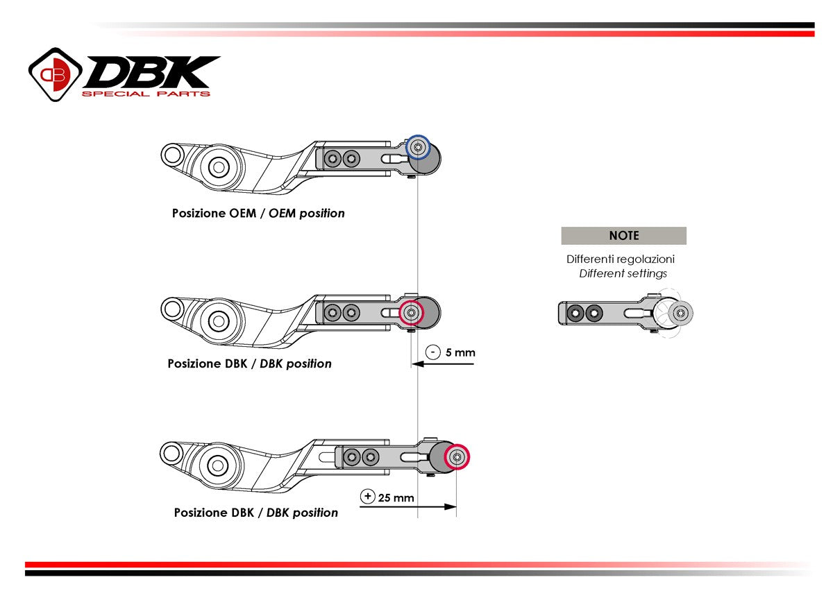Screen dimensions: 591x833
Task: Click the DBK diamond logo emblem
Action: click(55, 74)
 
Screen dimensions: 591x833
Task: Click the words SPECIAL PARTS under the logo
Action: click(146, 94)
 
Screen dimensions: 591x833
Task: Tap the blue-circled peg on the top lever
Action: click(417, 147)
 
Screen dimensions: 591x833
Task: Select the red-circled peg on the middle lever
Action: click(411, 313)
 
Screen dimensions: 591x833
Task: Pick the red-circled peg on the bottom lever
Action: click(457, 457)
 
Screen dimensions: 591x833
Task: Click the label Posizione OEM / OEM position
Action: click(258, 213)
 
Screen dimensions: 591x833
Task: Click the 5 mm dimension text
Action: click(460, 352)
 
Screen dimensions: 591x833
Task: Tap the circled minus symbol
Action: click(433, 352)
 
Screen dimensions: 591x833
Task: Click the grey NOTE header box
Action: click(623, 236)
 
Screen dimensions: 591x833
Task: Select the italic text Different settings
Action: click(623, 273)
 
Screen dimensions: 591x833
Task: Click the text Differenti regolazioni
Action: click(620, 259)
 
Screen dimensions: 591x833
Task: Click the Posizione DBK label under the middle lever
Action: click(249, 363)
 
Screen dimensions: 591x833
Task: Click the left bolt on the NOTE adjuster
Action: click(575, 314)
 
